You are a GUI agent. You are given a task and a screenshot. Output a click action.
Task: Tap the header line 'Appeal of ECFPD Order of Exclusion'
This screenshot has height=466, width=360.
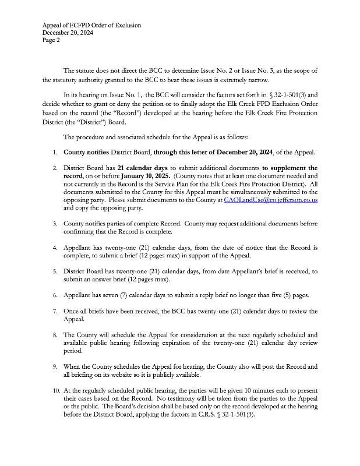(x=92, y=26)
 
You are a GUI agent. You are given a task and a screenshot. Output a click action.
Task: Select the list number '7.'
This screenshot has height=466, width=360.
(x=54, y=311)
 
